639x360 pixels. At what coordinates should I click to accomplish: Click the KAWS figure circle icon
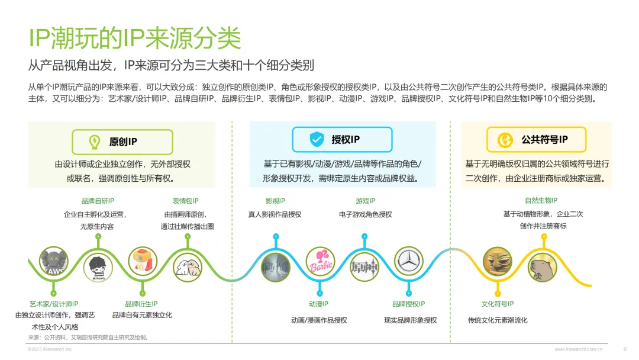(x=54, y=262)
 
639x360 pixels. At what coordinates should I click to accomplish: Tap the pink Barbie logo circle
(x=321, y=262)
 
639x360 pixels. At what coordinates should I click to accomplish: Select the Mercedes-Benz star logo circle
(x=409, y=262)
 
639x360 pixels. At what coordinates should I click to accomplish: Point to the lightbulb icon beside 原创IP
(x=94, y=142)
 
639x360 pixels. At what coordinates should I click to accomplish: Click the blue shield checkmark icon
(x=317, y=140)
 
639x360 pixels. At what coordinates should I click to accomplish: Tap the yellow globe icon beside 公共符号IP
(x=506, y=140)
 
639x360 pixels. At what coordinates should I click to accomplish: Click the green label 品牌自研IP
(x=98, y=201)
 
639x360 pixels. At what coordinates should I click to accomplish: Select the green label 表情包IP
(x=186, y=201)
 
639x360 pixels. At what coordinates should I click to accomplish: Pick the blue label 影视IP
(x=275, y=201)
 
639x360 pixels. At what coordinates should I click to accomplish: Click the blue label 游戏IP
(x=365, y=201)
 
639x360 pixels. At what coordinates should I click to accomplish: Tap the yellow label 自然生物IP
(x=541, y=201)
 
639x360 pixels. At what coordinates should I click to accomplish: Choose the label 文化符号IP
(x=497, y=304)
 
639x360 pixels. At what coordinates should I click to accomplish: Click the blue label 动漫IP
(x=318, y=304)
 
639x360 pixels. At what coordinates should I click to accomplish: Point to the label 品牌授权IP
(x=409, y=304)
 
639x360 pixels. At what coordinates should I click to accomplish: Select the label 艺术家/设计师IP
(x=54, y=304)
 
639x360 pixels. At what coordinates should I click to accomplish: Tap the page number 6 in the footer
(x=625, y=349)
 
